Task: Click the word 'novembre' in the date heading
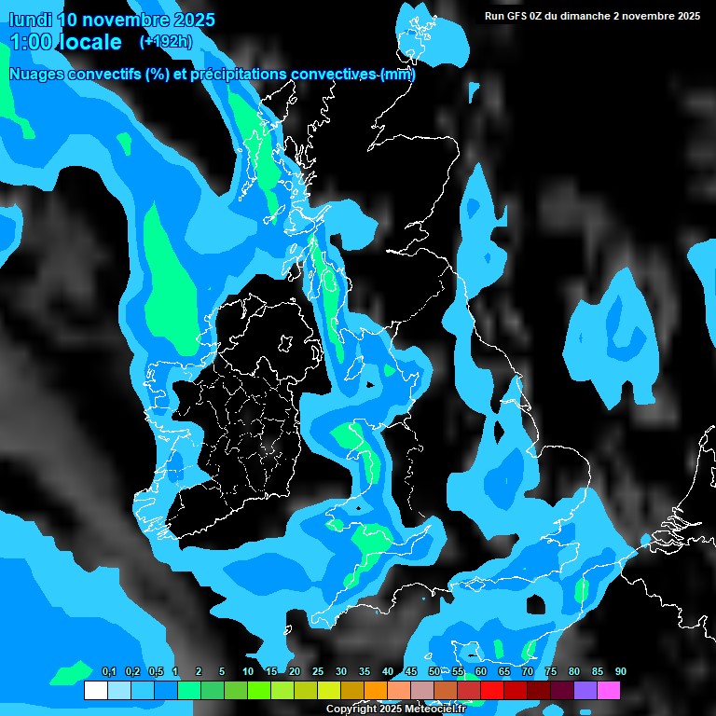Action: (120, 20)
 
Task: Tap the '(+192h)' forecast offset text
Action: (166, 41)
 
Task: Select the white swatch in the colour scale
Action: (95, 691)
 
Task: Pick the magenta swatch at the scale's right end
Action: (609, 691)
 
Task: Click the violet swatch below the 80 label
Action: (585, 691)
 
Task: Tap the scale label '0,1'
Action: (108, 671)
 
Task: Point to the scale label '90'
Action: (620, 671)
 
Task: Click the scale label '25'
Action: (318, 671)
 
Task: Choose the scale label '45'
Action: (411, 671)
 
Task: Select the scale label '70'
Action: (528, 671)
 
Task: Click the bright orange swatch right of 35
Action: (376, 691)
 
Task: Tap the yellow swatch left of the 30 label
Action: (328, 691)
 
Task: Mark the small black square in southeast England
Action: (536, 606)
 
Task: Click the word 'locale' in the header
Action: (88, 42)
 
